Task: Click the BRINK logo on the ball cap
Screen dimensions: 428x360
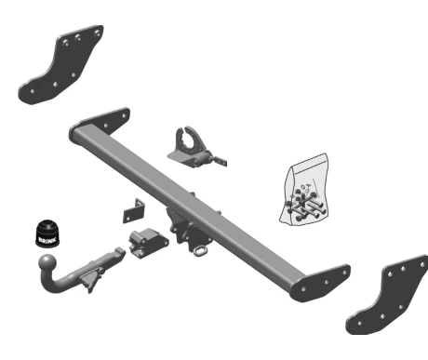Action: click(47, 240)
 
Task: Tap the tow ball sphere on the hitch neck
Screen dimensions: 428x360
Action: click(47, 263)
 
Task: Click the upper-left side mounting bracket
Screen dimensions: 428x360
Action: click(60, 64)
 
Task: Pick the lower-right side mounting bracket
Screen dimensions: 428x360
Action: click(387, 294)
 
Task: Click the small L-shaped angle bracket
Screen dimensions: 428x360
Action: click(134, 211)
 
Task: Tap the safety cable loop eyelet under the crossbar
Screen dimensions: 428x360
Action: click(200, 250)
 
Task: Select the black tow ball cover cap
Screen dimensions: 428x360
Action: click(47, 233)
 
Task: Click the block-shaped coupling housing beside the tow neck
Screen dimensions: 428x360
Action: click(148, 243)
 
